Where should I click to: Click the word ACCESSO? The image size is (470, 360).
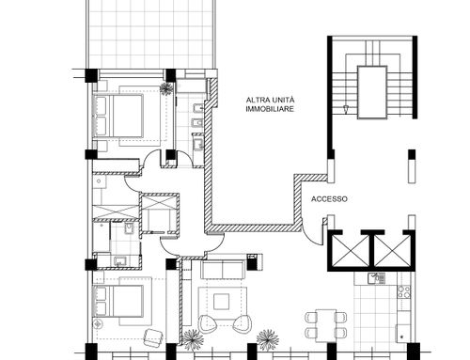pyautogui.click(x=329, y=199)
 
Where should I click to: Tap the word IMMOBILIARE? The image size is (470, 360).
pyautogui.click(x=270, y=109)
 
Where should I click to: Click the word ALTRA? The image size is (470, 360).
pyautogui.click(x=256, y=101)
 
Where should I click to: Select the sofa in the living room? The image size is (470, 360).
pyautogui.click(x=223, y=269)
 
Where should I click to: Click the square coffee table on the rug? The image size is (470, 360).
pyautogui.click(x=221, y=302)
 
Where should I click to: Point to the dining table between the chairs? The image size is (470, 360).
pyautogui.click(x=326, y=325)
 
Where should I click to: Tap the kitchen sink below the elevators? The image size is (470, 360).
pyautogui.click(x=376, y=278)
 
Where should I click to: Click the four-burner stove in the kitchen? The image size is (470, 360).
pyautogui.click(x=404, y=291)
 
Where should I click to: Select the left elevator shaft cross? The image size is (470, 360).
pyautogui.click(x=351, y=250)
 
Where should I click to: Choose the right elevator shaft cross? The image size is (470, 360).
pyautogui.click(x=393, y=250)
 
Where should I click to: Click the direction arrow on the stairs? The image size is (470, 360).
pyautogui.click(x=346, y=109)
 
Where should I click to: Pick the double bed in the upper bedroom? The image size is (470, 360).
pyautogui.click(x=118, y=116)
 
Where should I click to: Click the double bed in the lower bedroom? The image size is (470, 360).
pyautogui.click(x=118, y=301)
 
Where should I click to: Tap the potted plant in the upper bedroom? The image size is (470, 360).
pyautogui.click(x=166, y=87)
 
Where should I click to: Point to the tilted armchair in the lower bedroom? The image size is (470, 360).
pyautogui.click(x=153, y=337)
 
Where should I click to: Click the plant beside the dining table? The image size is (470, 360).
pyautogui.click(x=268, y=339)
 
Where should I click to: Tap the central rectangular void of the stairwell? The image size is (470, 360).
pyautogui.click(x=372, y=92)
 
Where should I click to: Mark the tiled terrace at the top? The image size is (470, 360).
pyautogui.click(x=151, y=35)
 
